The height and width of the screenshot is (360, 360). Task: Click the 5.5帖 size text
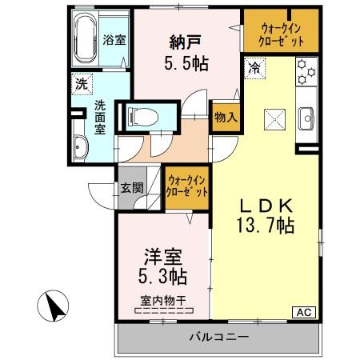[186, 63]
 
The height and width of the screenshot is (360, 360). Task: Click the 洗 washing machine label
[82, 82]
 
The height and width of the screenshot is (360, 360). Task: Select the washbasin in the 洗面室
[82, 147]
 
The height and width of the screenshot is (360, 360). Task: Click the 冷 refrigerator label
[254, 70]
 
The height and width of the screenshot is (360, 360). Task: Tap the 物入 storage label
[225, 117]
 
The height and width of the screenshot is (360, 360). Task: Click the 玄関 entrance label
[132, 189]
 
